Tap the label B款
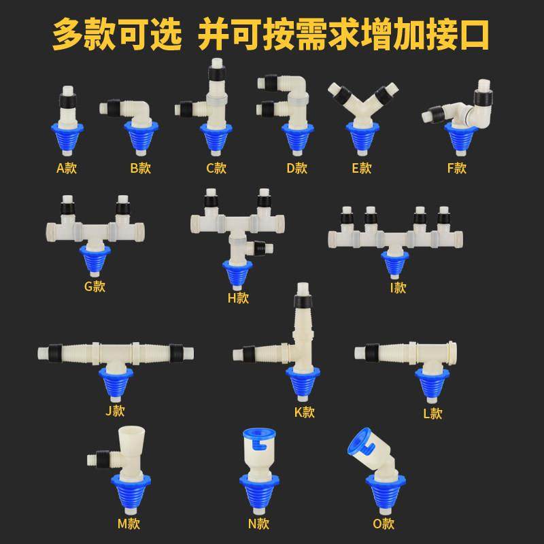pyautogui.click(x=140, y=168)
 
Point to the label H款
pyautogui.click(x=238, y=297)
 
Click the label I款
pyautogui.click(x=398, y=287)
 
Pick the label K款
pyautogui.click(x=304, y=411)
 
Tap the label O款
pyautogui.click(x=384, y=524)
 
